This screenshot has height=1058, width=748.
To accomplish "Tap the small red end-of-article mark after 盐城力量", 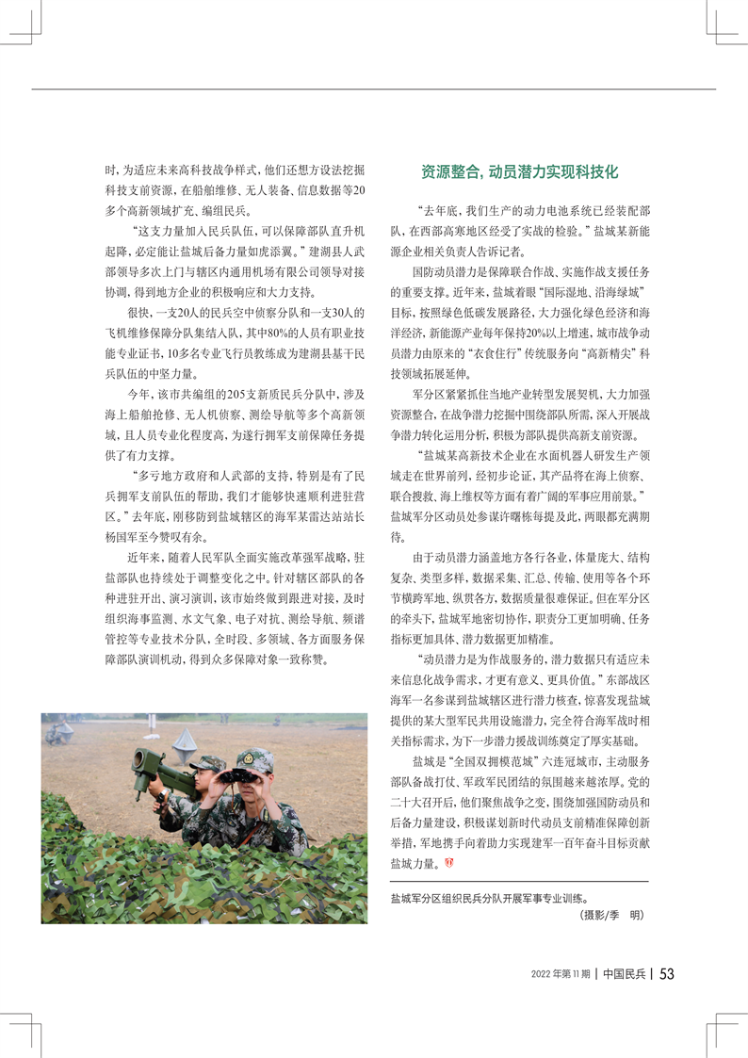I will (447, 860).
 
